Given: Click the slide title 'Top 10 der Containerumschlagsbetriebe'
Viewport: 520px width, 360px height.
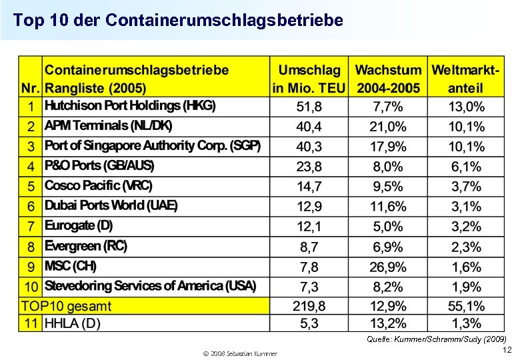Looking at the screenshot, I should coord(178,21).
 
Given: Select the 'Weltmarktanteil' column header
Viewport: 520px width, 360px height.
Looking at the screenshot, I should coord(466,78).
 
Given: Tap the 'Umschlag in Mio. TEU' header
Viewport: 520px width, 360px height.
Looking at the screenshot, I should coord(309,78).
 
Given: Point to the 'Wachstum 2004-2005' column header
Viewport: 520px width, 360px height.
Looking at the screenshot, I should coord(388,78).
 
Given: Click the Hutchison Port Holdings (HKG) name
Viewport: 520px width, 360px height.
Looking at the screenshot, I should coord(130,106).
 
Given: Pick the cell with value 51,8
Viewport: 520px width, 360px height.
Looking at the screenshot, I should coord(309,107).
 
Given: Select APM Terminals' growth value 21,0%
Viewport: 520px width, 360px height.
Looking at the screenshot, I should coord(388,127).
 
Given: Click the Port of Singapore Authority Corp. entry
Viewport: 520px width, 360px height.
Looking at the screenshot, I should coord(153,146).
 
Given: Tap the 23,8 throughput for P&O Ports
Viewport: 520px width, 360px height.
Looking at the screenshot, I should coord(309,167).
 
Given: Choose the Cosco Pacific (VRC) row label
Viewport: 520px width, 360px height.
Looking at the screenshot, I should coord(98,186).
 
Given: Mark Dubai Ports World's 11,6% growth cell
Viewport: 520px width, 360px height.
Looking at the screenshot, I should coord(388,207).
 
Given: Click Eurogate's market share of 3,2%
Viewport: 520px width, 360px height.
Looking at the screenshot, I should coord(466,227).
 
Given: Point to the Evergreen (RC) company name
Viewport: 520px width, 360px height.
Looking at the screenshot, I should coord(85,246).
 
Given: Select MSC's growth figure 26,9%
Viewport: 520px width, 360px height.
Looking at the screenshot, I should coord(388,267).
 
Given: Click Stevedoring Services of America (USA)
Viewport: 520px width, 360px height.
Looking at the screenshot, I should coord(150,286).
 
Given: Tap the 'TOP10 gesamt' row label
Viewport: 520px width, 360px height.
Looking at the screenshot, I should coord(67,306).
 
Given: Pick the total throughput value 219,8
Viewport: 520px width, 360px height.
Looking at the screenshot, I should coord(309,307).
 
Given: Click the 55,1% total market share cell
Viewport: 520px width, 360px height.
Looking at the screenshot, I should coord(466,307).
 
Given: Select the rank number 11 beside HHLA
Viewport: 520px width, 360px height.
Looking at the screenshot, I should coord(31,323).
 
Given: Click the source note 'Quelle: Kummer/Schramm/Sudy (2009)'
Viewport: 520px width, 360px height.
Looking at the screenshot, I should coord(436,339).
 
